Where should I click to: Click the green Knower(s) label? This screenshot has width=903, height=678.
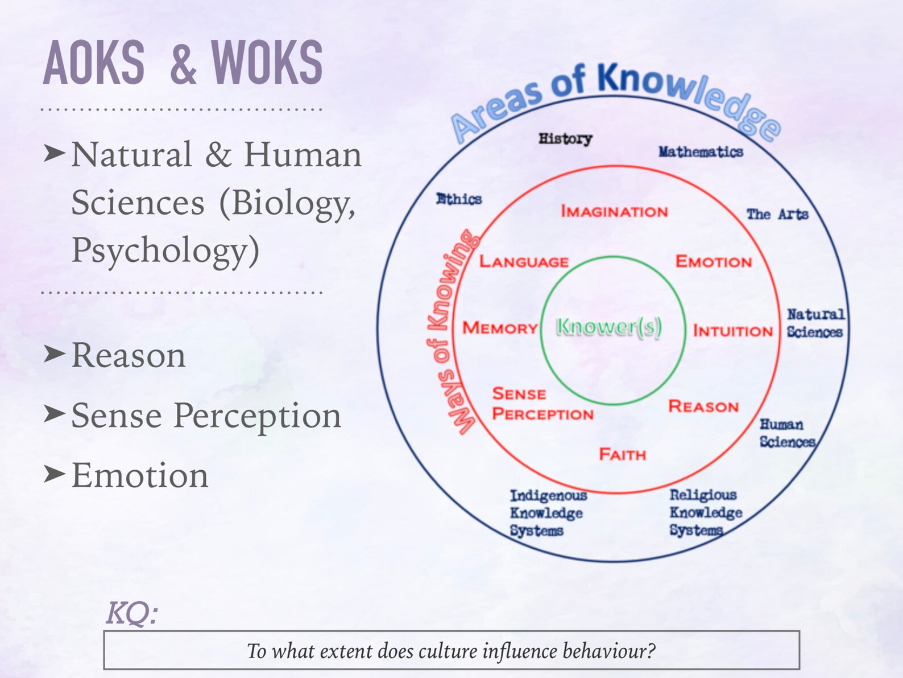[x=609, y=327]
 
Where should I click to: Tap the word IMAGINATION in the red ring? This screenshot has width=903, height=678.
[x=614, y=211]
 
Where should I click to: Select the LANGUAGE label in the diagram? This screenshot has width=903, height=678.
[x=524, y=261]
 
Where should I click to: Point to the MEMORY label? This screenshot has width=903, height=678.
[x=500, y=328]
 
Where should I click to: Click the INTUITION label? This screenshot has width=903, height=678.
[x=732, y=331]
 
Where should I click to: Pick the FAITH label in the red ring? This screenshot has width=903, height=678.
[x=623, y=454]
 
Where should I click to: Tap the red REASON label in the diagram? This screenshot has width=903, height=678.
[x=703, y=406]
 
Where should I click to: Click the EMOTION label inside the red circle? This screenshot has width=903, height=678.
[x=714, y=261]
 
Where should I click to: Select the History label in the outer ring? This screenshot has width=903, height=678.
[x=565, y=138]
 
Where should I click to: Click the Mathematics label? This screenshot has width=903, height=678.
[x=701, y=151]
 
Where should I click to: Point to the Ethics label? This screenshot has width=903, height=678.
[x=459, y=199]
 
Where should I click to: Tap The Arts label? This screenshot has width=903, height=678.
[x=777, y=214]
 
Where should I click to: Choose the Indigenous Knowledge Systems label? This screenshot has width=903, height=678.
[x=547, y=513]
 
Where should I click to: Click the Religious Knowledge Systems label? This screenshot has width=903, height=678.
[x=706, y=512]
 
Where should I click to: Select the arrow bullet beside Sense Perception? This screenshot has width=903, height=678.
[x=55, y=414]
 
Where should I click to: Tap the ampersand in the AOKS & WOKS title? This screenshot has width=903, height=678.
[x=183, y=64]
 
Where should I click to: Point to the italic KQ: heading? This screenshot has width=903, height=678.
[x=132, y=613]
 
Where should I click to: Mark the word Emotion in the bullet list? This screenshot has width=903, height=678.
[x=140, y=475]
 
